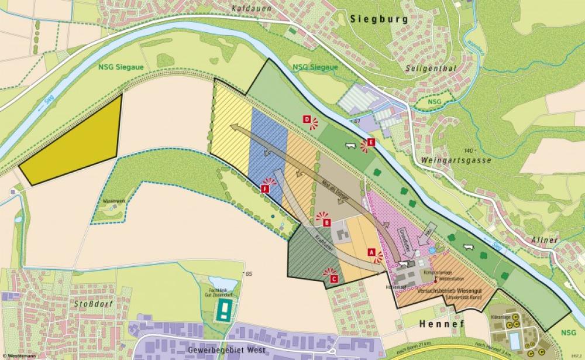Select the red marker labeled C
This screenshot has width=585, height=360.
pyautogui.click(x=333, y=279)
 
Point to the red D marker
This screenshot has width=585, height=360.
pyautogui.click(x=307, y=119)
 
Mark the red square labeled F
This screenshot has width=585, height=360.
pyautogui.click(x=264, y=188)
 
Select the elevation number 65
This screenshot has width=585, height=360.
pyautogui.click(x=249, y=274)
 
